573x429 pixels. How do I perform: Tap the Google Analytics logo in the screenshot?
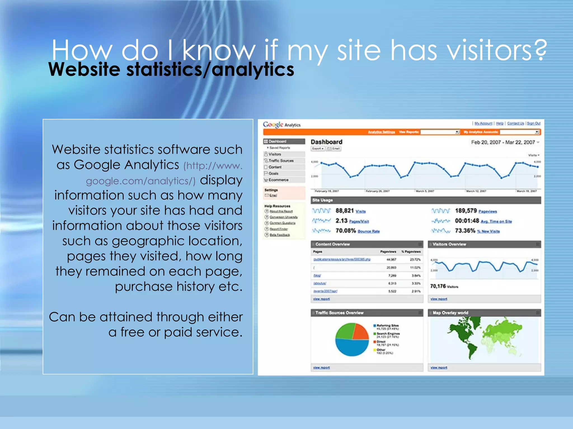tap(281, 125)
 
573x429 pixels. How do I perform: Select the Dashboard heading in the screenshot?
tap(326, 142)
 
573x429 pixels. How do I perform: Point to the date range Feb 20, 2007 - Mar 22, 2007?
tap(503, 142)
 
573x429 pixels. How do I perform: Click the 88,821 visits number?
tap(344, 211)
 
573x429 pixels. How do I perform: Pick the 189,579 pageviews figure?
tap(466, 211)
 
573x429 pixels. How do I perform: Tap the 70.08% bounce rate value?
tap(346, 231)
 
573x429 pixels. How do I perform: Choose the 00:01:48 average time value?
tap(467, 221)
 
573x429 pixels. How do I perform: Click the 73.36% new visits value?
tap(465, 231)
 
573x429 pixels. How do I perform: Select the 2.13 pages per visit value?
tap(341, 221)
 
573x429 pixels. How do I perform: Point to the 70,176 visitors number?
tap(438, 286)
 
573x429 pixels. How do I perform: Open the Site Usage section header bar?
tap(426, 200)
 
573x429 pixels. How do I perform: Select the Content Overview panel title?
tap(332, 244)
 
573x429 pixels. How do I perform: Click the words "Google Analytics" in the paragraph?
tap(126, 165)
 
